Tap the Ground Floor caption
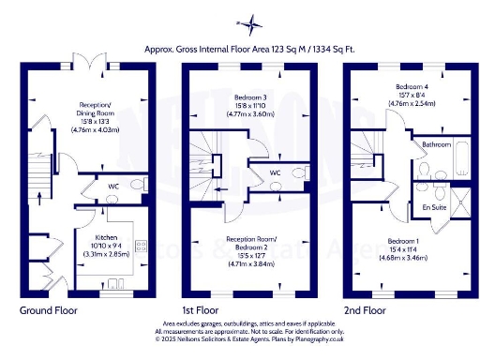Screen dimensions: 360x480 point(47,308)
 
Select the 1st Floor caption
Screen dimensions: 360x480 point(200,308)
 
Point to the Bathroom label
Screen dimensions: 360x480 point(436,144)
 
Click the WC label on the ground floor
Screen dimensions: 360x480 point(112,187)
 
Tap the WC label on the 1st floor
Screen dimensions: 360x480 point(276,172)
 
